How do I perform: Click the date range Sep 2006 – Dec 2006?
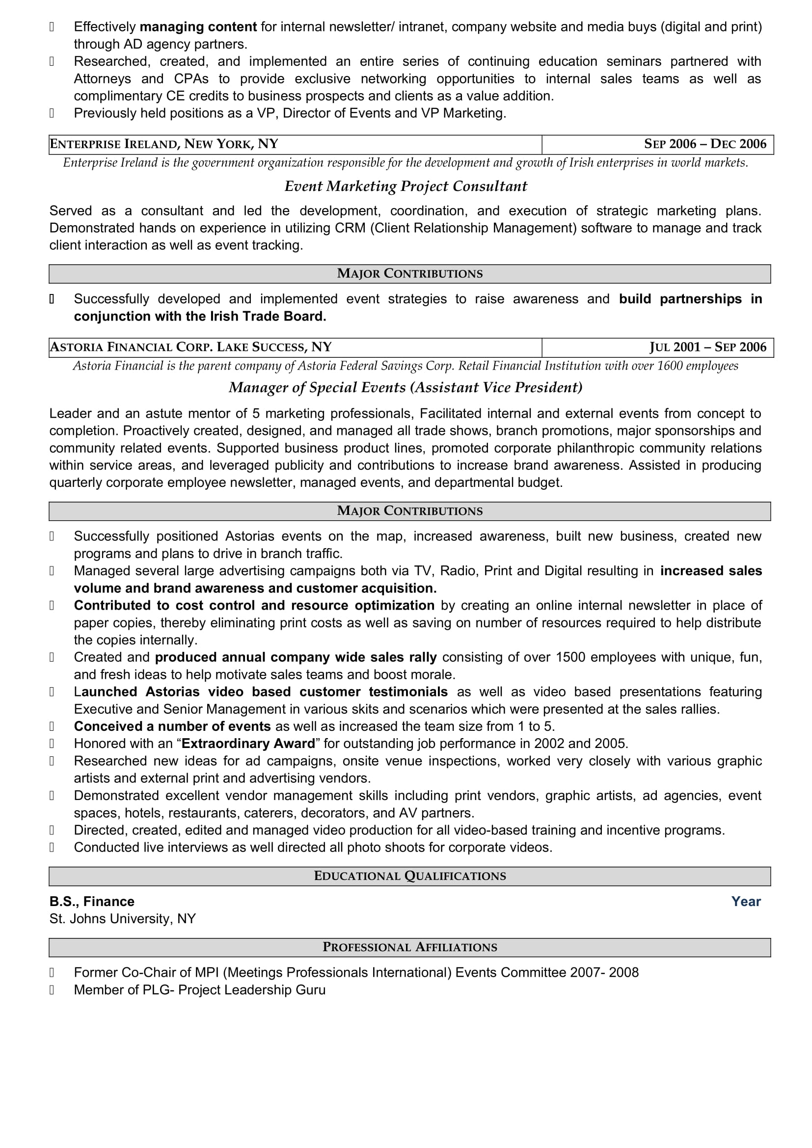click(704, 144)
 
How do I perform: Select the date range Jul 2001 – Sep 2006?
click(707, 347)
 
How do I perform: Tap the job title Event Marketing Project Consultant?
click(406, 187)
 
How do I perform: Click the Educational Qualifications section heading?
click(409, 876)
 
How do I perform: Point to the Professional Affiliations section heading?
click(409, 947)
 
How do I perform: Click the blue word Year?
click(746, 902)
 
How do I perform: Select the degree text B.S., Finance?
click(92, 902)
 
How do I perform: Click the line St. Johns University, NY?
click(123, 919)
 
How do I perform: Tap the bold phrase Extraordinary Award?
click(248, 744)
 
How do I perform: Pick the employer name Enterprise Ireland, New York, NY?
click(164, 144)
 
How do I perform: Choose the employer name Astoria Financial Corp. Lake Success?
click(190, 347)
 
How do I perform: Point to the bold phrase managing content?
click(198, 27)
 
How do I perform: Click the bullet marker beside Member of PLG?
click(52, 990)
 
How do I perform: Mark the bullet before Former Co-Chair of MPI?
click(52, 972)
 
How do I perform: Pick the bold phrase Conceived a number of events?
click(172, 726)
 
